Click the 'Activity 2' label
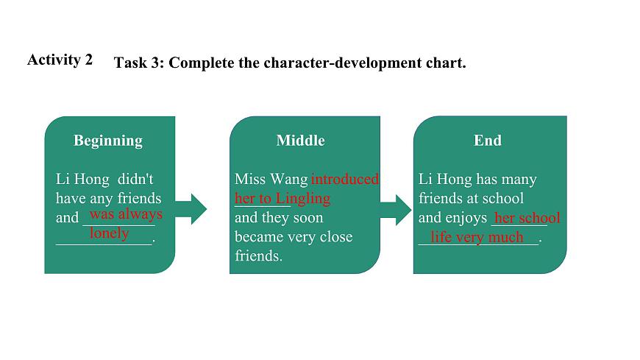(x=60, y=60)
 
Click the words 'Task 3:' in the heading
(x=139, y=63)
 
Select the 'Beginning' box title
(x=108, y=141)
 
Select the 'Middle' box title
(x=300, y=141)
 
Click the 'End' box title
(x=487, y=141)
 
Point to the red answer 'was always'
(x=126, y=214)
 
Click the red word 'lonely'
(x=109, y=233)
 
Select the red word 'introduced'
(x=345, y=179)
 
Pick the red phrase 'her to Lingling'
(x=282, y=198)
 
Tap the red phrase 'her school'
(x=527, y=218)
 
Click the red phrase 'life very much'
(x=477, y=237)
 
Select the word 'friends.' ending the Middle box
(x=258, y=256)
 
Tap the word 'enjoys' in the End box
(x=464, y=218)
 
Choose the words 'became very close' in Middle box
(x=294, y=237)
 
